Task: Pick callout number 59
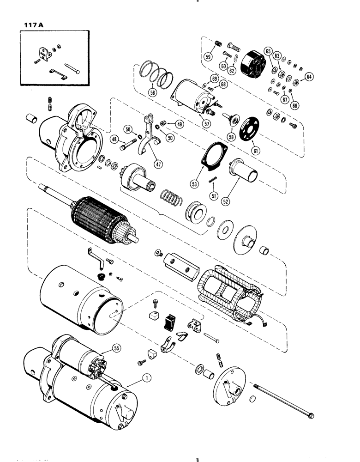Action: point(209,58)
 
